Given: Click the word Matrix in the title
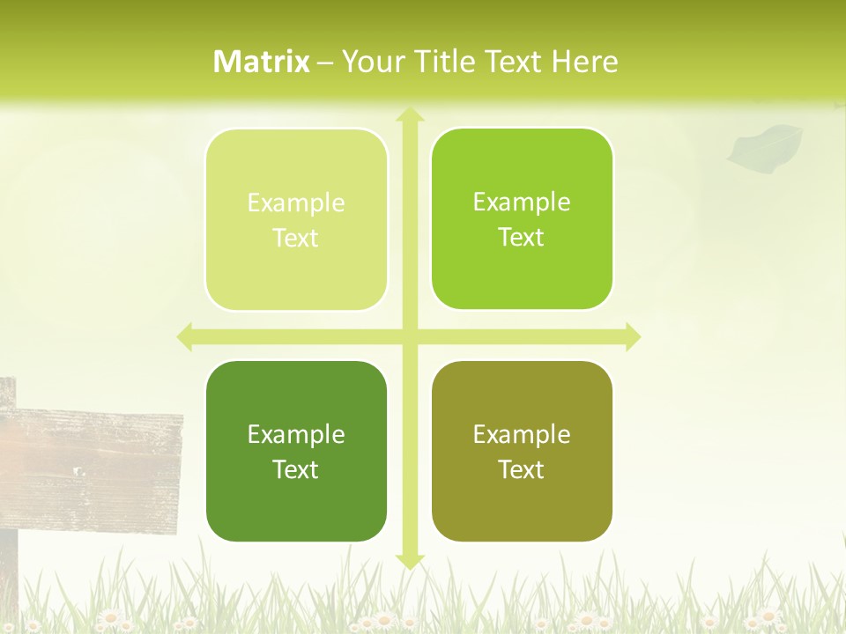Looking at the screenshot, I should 262,62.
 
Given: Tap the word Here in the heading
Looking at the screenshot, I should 584,62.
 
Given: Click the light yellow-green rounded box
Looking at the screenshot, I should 296,219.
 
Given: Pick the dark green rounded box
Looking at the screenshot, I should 296,451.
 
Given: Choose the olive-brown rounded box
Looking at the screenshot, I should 522,451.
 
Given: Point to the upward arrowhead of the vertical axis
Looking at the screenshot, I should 409,115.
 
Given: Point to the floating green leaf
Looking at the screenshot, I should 766,145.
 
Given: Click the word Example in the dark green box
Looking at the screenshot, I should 296,434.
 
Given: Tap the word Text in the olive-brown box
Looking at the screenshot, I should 522,469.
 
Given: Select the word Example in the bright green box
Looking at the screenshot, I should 522,202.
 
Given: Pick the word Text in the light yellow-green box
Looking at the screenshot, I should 296,238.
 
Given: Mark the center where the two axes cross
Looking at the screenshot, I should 409,336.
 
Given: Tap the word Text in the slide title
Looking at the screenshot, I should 513,62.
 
